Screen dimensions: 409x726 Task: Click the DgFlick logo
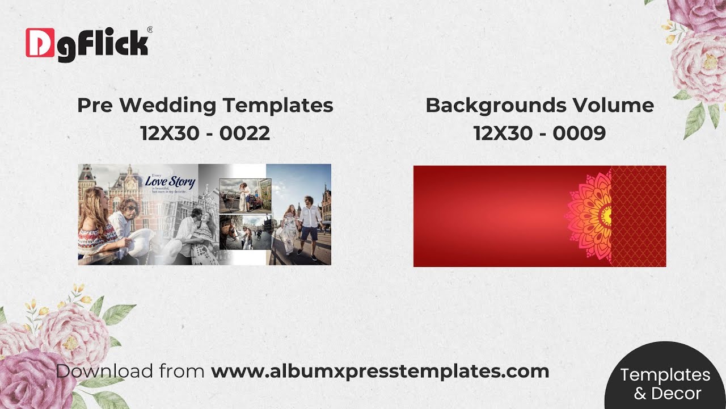[88, 42]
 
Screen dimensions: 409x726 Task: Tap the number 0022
[245, 133]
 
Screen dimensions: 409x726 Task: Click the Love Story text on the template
[170, 182]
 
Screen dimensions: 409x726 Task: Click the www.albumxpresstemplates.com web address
[380, 372]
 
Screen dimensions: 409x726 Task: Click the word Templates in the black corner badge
[665, 375]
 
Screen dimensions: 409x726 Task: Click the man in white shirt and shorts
[310, 224]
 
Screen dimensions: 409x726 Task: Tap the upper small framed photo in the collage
[245, 195]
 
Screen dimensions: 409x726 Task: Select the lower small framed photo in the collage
[245, 232]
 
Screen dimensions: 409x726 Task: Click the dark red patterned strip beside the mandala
[639, 216]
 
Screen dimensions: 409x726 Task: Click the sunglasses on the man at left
[129, 208]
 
